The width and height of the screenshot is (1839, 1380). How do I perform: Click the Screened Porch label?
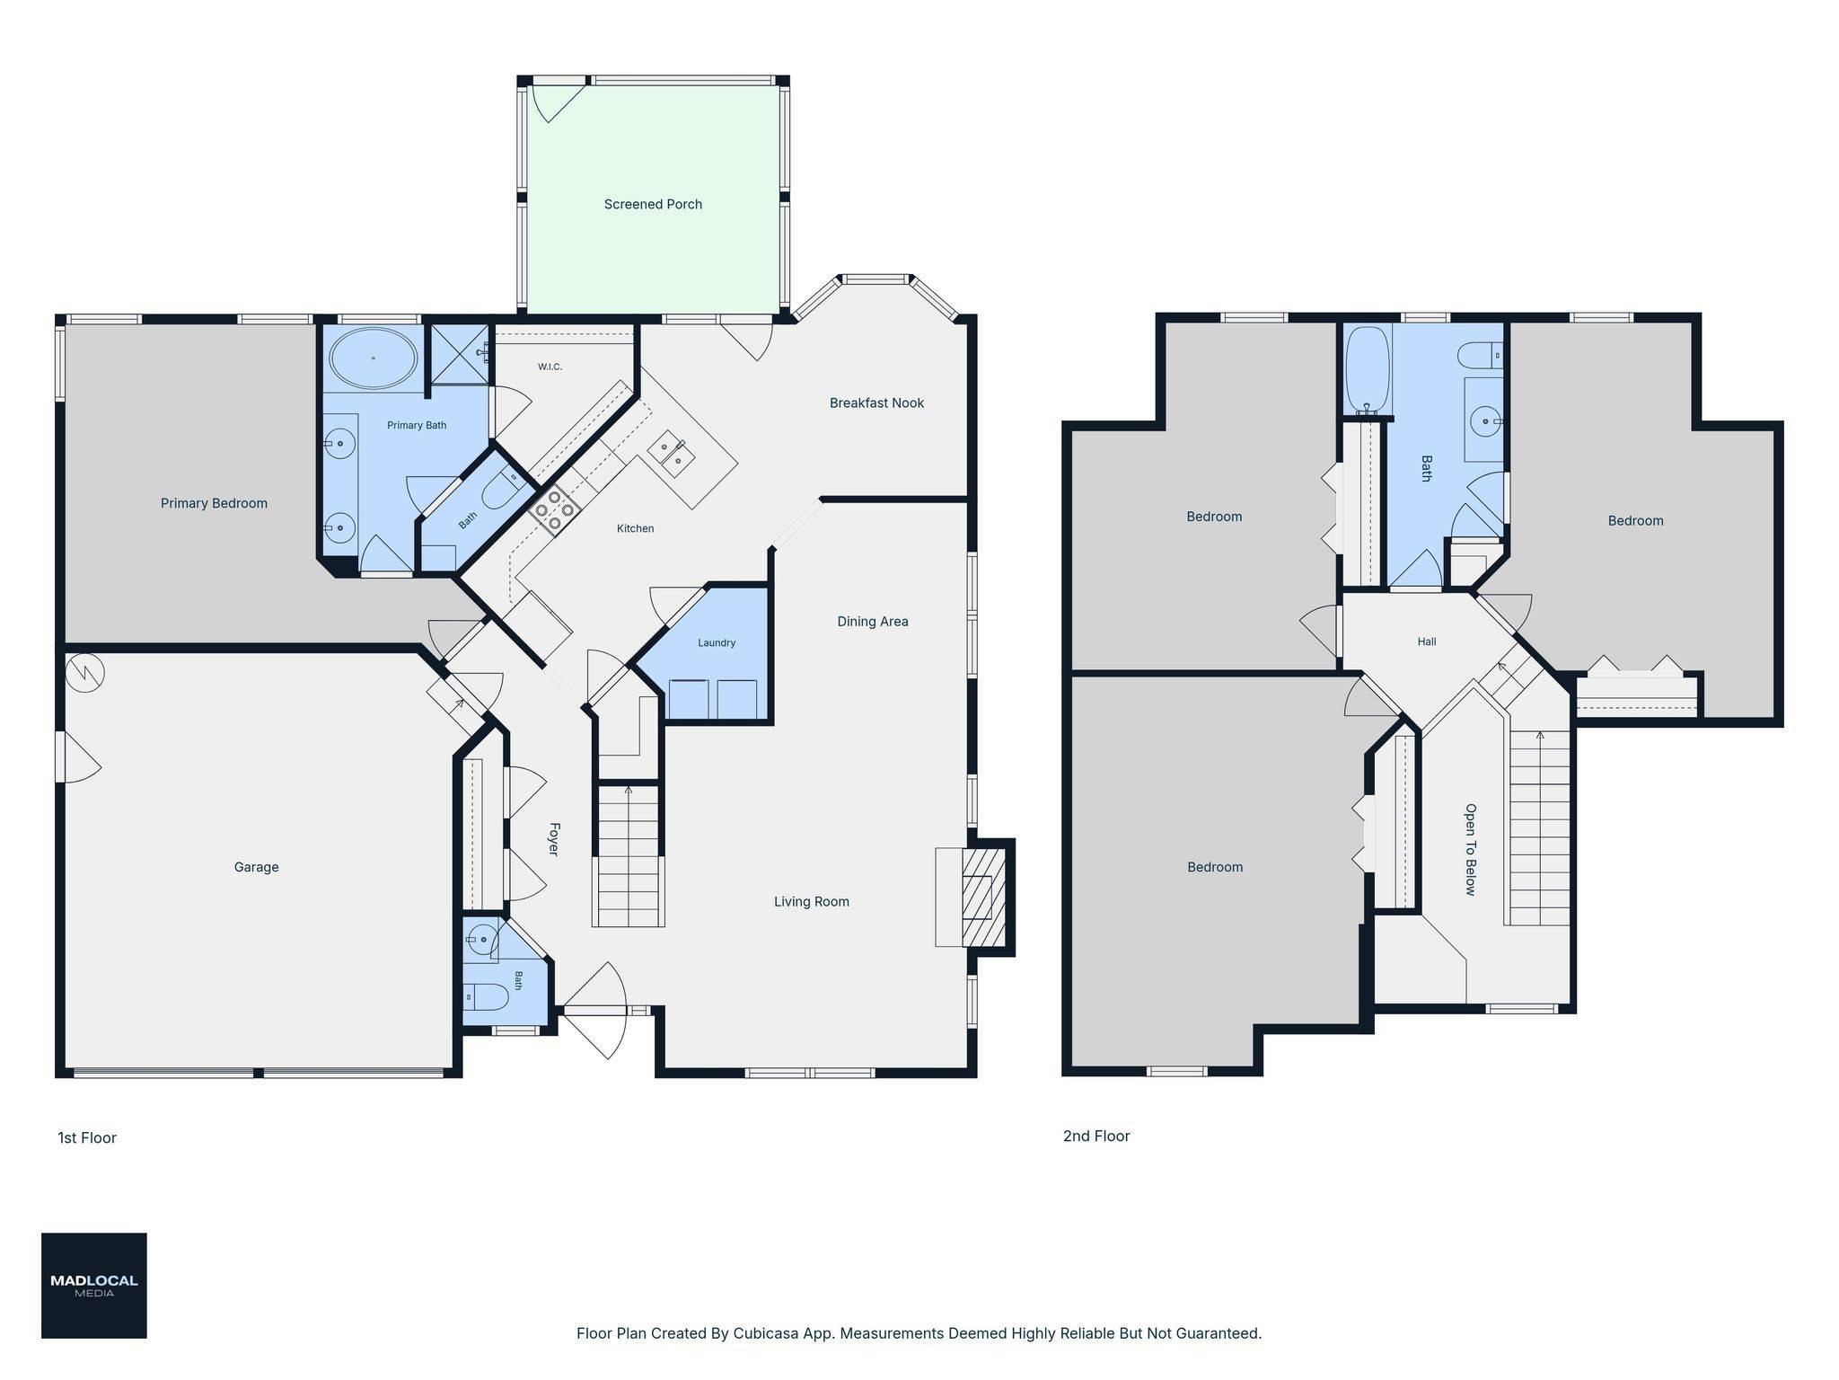tap(653, 204)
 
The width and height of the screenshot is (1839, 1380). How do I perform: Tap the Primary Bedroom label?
tap(214, 503)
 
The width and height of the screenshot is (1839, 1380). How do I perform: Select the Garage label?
tap(256, 867)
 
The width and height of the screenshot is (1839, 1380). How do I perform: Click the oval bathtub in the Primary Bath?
tap(373, 358)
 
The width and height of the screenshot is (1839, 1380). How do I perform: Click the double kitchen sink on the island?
tap(672, 453)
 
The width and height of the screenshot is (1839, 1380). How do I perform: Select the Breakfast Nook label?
tap(876, 402)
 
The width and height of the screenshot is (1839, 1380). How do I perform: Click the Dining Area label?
tap(873, 621)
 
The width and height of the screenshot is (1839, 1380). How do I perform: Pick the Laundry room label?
tap(717, 642)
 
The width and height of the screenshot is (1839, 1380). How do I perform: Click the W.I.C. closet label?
tap(550, 367)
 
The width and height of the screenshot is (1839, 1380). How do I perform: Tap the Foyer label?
tap(554, 839)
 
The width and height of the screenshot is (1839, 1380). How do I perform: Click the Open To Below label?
tap(1471, 849)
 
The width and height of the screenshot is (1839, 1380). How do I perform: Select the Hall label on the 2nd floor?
tap(1427, 641)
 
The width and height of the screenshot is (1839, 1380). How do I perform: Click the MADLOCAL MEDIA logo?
tap(94, 1286)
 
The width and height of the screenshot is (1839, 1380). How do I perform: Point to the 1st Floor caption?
tap(87, 1137)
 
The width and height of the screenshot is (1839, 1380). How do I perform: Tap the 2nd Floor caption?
tap(1096, 1136)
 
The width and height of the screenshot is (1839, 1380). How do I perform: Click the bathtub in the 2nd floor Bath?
tap(1368, 370)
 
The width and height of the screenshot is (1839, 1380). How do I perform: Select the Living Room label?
tap(812, 901)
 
